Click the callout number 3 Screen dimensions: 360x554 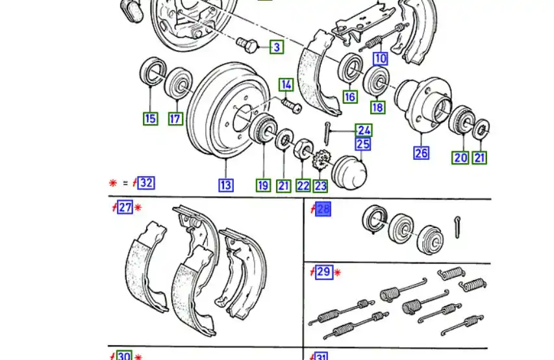point(277,47)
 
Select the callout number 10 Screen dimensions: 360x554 point(380,58)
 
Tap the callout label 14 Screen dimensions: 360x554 point(286,84)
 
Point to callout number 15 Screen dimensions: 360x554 point(150,118)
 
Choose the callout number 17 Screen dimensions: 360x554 point(175,118)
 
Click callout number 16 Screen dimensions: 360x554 point(350,97)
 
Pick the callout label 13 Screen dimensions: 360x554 point(225,185)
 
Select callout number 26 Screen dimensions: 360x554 point(422,153)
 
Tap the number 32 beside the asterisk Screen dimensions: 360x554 point(146,183)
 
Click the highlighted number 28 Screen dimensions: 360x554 point(323,209)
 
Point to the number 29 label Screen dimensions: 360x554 point(323,272)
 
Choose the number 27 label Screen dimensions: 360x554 point(125,209)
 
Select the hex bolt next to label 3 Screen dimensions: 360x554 point(247,44)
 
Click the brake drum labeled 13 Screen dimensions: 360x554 point(218,110)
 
